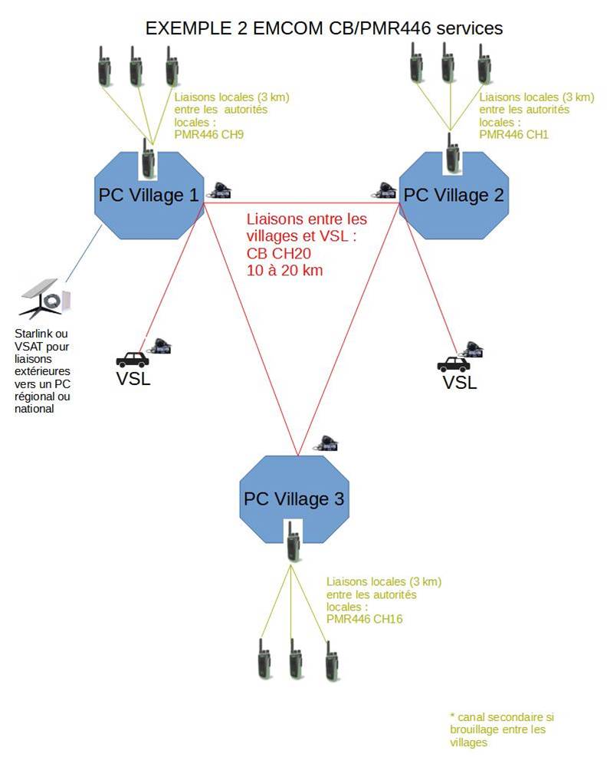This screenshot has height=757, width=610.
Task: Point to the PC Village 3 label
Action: (294, 499)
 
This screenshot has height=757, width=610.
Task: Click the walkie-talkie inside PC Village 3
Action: (292, 541)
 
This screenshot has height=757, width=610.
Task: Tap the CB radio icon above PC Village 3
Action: (327, 443)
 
